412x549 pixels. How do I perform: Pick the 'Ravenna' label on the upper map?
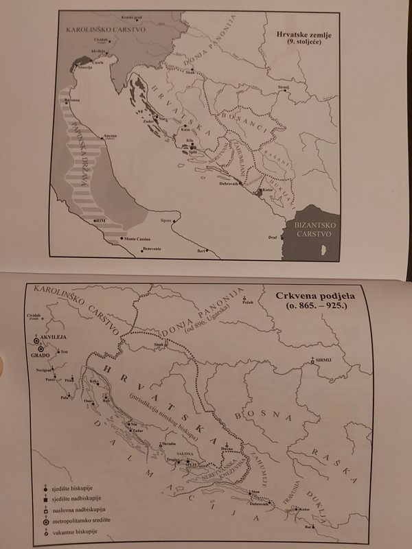coord(73,100)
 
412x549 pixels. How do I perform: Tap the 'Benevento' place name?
coord(150,248)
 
